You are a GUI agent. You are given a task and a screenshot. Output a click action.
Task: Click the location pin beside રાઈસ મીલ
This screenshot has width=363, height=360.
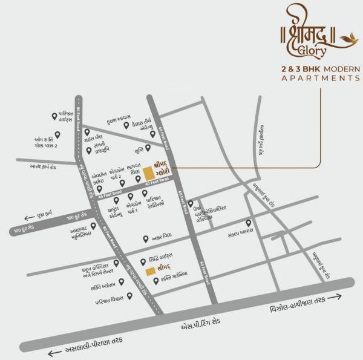(87, 132)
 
